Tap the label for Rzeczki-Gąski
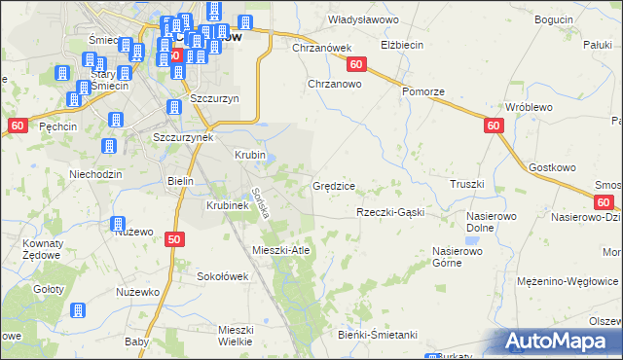(390, 212)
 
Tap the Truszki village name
(467, 183)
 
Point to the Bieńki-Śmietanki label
(379, 335)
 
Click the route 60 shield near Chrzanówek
(356, 64)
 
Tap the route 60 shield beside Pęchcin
(18, 126)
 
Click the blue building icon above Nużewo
(119, 223)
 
